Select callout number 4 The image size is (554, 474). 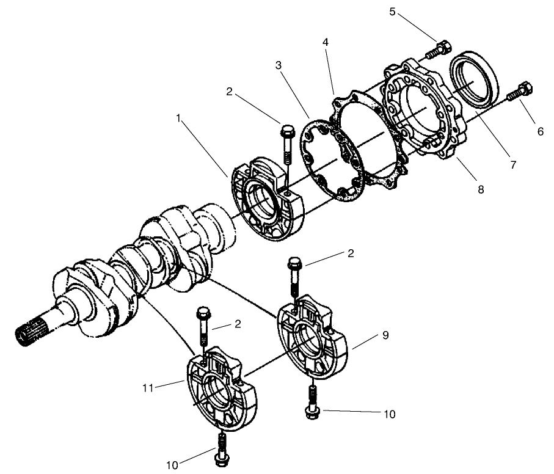325,43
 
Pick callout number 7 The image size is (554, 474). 513,164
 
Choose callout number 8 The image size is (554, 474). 481,189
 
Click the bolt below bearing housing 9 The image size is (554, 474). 312,400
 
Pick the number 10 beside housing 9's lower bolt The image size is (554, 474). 388,414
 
